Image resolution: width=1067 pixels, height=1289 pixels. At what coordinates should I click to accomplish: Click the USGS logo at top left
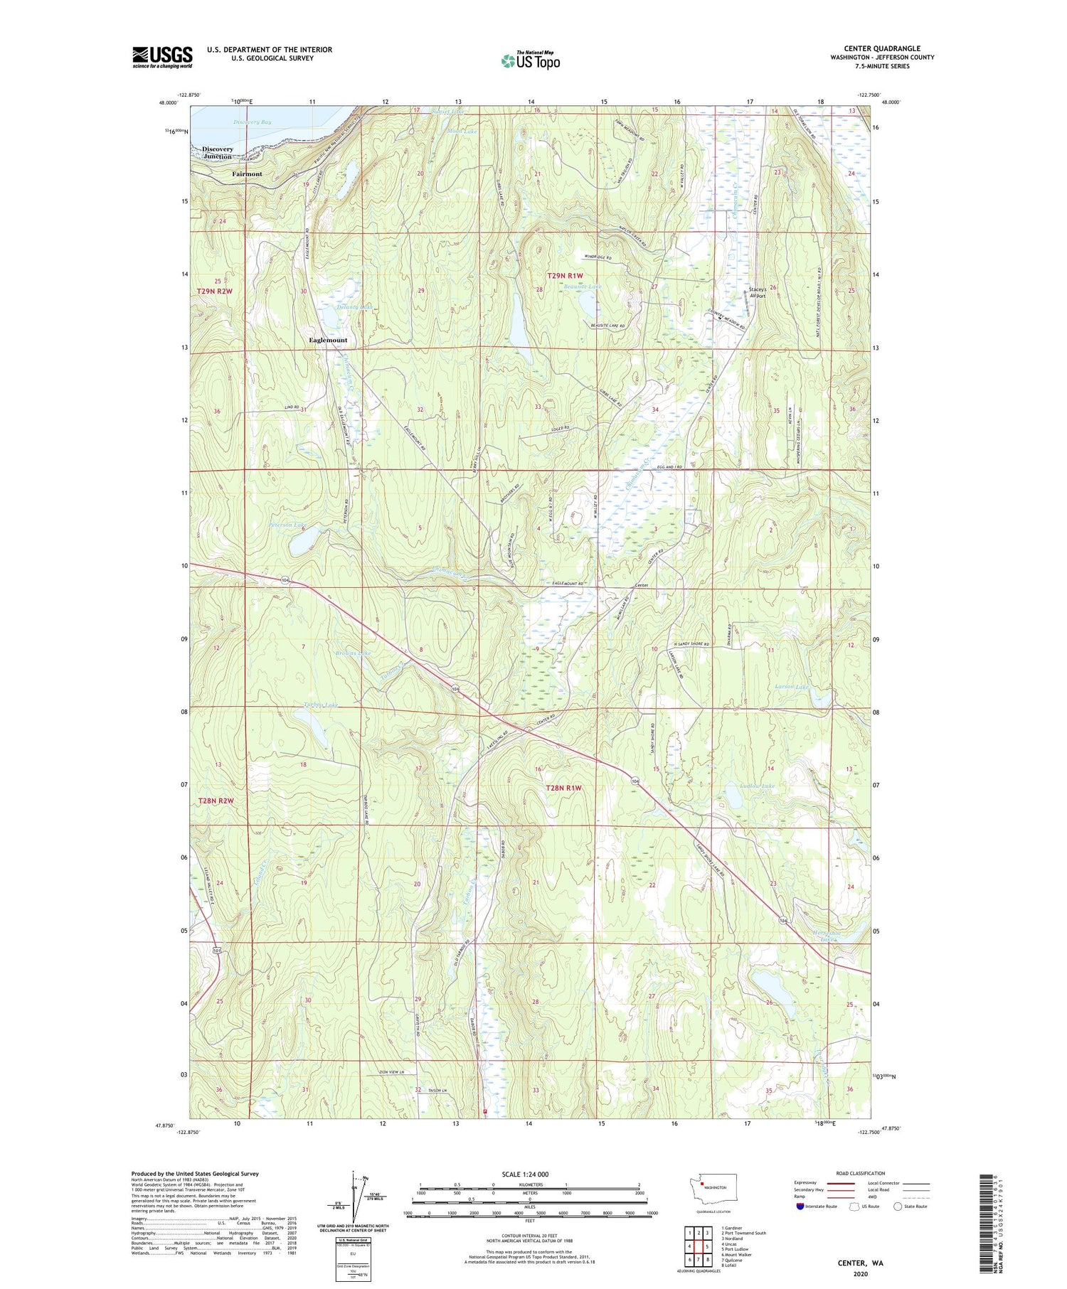(x=162, y=57)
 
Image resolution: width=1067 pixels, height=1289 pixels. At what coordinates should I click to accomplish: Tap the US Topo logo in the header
(x=530, y=60)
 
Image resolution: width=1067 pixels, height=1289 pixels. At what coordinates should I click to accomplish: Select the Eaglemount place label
(x=328, y=340)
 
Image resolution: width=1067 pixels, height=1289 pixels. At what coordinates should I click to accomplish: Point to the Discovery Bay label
(x=253, y=122)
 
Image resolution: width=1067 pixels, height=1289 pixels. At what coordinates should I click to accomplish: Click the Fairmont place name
(x=247, y=173)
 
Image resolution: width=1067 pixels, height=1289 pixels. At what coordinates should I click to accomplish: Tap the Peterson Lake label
(x=288, y=526)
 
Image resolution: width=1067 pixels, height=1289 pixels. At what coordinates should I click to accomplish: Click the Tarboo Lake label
(x=317, y=705)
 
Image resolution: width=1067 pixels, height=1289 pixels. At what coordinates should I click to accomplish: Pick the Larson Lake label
(x=792, y=687)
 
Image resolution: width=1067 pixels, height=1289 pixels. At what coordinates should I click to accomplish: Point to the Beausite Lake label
(x=583, y=287)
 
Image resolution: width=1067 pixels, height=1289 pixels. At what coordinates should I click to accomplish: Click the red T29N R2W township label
(x=215, y=292)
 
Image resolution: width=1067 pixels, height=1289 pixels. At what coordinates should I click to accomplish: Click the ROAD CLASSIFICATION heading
(x=860, y=1173)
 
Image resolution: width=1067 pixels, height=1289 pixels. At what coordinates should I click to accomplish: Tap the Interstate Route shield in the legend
(x=800, y=1206)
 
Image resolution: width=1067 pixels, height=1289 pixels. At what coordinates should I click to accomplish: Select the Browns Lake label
(x=354, y=652)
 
